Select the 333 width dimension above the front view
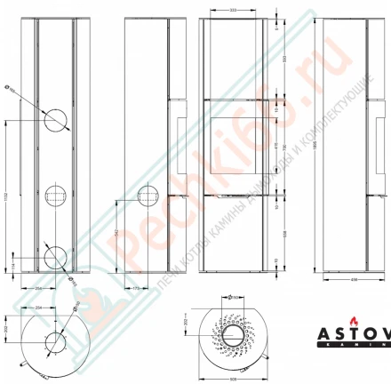coord(232,12)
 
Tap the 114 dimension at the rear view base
coord(12,264)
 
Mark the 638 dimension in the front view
coord(283,234)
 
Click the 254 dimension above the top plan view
coord(39,307)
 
